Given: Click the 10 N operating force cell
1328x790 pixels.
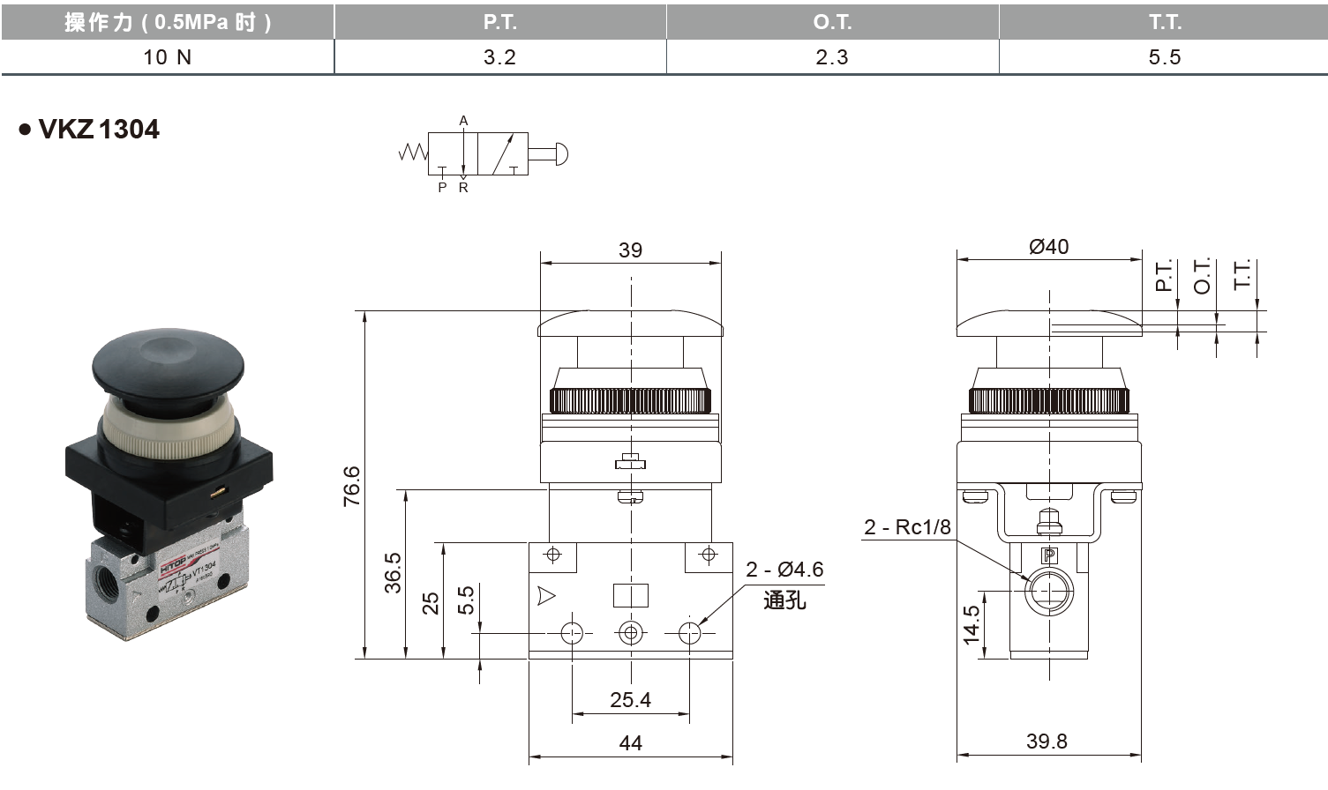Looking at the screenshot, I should tap(168, 57).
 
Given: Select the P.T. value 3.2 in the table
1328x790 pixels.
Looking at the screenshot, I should tap(499, 57).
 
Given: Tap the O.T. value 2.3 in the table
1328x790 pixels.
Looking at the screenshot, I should tap(831, 57).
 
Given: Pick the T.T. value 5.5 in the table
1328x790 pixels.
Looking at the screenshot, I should tap(1164, 57).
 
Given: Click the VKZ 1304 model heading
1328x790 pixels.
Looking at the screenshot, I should tap(98, 130).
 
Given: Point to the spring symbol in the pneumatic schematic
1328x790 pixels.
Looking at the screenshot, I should tap(413, 153).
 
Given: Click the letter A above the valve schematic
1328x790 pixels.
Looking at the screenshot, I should tap(463, 121).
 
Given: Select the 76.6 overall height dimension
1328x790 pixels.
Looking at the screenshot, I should tap(352, 485).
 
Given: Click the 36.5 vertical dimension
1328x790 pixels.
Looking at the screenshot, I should tap(394, 573).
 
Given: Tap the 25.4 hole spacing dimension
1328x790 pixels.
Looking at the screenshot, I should tap(630, 700).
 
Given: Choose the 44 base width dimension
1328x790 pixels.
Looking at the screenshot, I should tap(630, 743).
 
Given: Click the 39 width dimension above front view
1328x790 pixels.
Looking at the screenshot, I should tap(630, 250).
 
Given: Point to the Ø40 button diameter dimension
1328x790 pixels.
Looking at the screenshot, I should tap(1048, 247).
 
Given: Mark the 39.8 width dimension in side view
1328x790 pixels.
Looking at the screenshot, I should tap(1047, 742).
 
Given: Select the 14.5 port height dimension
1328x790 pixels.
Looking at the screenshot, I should tap(972, 624).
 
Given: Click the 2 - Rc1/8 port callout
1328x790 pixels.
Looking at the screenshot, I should tap(907, 527).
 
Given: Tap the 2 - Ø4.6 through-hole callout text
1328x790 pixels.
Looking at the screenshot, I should tap(784, 570).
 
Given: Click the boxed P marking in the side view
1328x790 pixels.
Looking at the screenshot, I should tap(1048, 555).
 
